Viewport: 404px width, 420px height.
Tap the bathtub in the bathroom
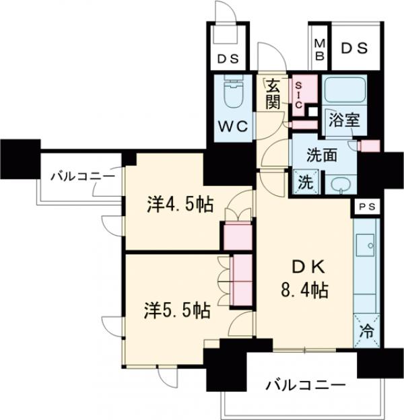pyautogui.click(x=344, y=92)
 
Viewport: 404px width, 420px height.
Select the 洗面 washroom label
pyautogui.click(x=321, y=154)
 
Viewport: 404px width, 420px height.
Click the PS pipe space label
pyautogui.click(x=366, y=207)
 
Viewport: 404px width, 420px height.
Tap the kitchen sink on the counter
pyautogui.click(x=368, y=246)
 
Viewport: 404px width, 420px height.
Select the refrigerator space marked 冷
pyautogui.click(x=366, y=331)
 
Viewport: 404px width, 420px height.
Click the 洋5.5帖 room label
pyautogui.click(x=176, y=310)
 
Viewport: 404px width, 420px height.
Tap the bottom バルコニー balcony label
pyautogui.click(x=304, y=386)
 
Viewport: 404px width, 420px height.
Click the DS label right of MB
pyautogui.click(x=353, y=48)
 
